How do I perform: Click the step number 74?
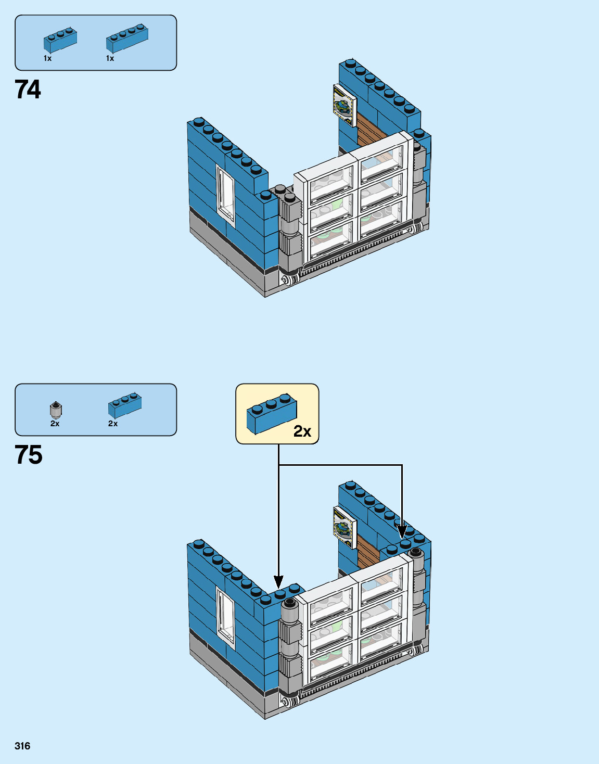(28, 90)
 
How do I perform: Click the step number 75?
(29, 455)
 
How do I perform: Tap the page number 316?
(22, 746)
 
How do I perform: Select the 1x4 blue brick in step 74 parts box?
(128, 37)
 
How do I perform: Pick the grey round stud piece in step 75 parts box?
(56, 410)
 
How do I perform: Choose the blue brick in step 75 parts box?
(125, 405)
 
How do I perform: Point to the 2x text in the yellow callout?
(302, 431)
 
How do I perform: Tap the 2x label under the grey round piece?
(55, 424)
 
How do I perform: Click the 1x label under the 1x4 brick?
(110, 58)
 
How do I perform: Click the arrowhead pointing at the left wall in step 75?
(279, 581)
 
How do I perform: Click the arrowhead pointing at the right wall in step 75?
(402, 532)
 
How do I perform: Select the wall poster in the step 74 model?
(344, 105)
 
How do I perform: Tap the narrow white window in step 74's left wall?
(226, 193)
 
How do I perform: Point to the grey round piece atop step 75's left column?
(289, 604)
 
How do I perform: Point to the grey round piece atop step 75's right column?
(416, 553)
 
